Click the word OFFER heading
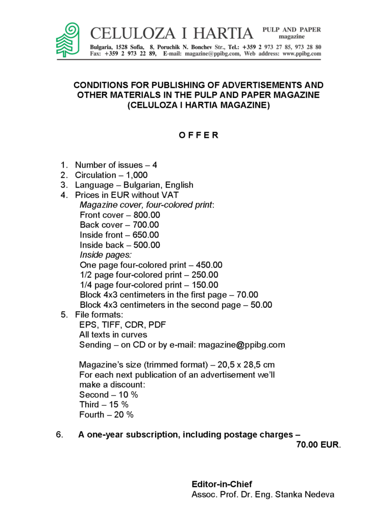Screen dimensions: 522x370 (x=199, y=135)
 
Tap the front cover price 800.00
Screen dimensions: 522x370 (x=146, y=215)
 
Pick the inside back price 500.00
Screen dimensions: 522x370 (x=146, y=245)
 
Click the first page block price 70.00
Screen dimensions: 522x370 (x=247, y=295)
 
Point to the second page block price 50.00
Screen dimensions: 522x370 (x=261, y=305)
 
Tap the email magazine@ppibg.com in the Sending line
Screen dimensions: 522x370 (x=241, y=345)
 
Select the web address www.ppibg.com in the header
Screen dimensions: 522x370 (x=302, y=54)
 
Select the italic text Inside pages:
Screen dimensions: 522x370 (x=106, y=255)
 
